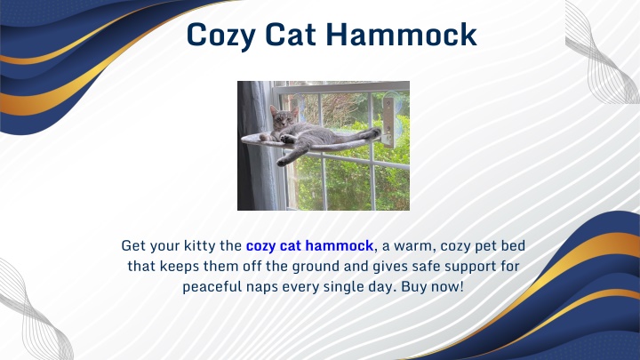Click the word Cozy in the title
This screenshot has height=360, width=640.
[x=221, y=36]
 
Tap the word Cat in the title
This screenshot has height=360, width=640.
[x=291, y=35]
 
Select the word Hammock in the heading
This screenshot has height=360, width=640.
[x=402, y=35]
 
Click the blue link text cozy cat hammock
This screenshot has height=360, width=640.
[x=309, y=245]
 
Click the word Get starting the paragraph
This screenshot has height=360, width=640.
[x=133, y=245]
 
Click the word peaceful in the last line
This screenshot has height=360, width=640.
[x=212, y=286]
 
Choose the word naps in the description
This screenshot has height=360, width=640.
[x=262, y=287]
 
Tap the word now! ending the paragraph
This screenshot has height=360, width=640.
[x=448, y=286]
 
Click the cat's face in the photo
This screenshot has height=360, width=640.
[x=280, y=119]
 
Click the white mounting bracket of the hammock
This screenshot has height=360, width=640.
[x=388, y=121]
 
